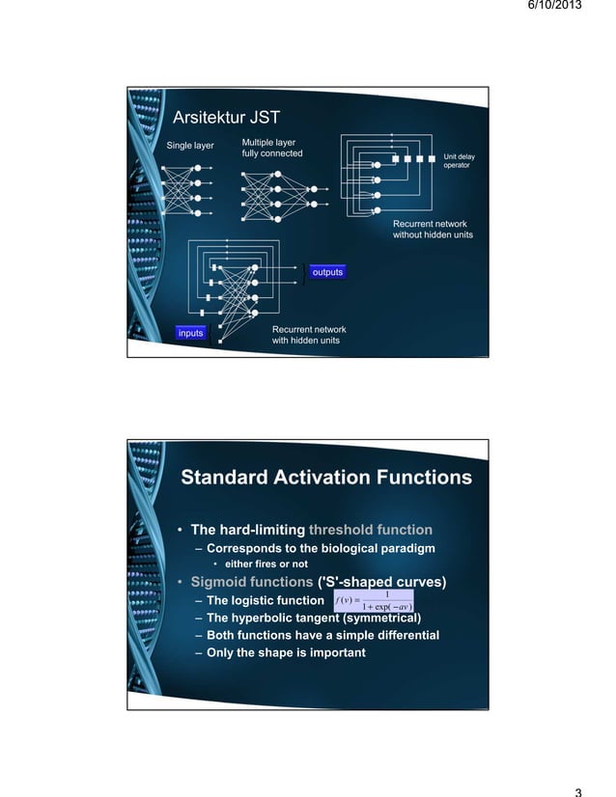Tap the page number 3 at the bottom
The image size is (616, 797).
click(577, 791)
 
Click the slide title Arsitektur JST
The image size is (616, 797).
click(225, 119)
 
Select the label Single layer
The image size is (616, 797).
click(191, 147)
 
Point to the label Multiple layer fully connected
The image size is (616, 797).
click(271, 149)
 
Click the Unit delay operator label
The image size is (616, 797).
click(459, 160)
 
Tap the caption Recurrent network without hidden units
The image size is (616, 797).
click(433, 230)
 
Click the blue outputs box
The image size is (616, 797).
click(327, 272)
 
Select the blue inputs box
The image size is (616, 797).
click(191, 333)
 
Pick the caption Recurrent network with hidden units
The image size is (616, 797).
click(309, 335)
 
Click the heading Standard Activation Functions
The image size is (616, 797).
click(326, 478)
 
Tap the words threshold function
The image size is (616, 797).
click(370, 530)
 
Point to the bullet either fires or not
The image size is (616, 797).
click(266, 564)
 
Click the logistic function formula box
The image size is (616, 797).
click(373, 600)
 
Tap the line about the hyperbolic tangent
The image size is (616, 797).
click(315, 618)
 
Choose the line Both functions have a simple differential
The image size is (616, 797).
click(322, 635)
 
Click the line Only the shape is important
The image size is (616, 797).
click(286, 652)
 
